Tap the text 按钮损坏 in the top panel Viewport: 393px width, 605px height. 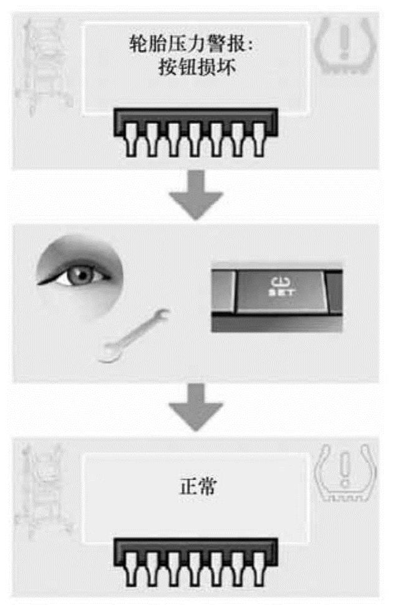[197, 67]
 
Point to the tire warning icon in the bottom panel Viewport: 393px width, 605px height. [346, 473]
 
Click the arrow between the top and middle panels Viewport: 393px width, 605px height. [196, 195]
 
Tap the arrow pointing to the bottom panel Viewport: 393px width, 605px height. [196, 407]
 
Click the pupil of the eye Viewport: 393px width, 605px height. [82, 274]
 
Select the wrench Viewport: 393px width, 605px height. [133, 335]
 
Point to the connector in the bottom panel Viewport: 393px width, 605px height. [196, 562]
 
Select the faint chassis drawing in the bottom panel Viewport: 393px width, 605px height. [44, 491]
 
